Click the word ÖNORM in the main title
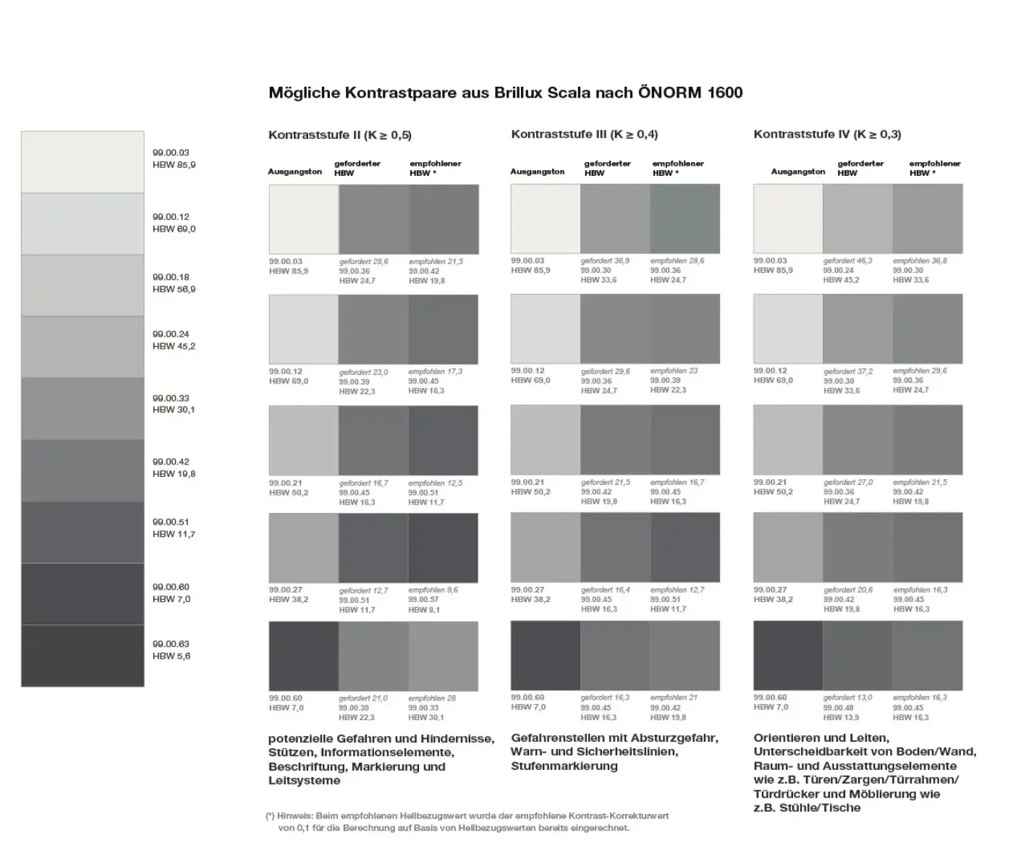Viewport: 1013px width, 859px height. pyautogui.click(x=666, y=93)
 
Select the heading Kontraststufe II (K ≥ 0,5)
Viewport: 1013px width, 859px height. pyautogui.click(x=339, y=135)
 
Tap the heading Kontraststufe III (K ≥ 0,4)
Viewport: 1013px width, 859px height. pyautogui.click(x=584, y=134)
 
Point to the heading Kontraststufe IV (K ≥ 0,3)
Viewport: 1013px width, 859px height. pyautogui.click(x=827, y=134)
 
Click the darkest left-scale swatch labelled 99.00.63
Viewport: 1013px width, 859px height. pyautogui.click(x=82, y=656)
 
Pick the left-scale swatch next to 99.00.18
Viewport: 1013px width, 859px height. pyautogui.click(x=82, y=285)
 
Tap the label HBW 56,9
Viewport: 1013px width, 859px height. pyautogui.click(x=174, y=289)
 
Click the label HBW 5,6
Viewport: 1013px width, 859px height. pyautogui.click(x=171, y=656)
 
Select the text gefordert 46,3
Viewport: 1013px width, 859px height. pyautogui.click(x=847, y=261)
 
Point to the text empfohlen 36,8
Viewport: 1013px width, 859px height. pyautogui.click(x=920, y=261)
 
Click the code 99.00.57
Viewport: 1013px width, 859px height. pyautogui.click(x=423, y=600)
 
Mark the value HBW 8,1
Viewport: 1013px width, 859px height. pyautogui.click(x=423, y=609)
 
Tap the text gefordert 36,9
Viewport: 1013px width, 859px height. pyautogui.click(x=605, y=261)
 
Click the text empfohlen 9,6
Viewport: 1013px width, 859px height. pyautogui.click(x=433, y=590)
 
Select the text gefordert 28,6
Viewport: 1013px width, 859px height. pyautogui.click(x=363, y=261)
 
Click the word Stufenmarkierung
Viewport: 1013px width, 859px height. pyautogui.click(x=564, y=766)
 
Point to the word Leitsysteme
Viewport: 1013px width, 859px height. pyautogui.click(x=304, y=780)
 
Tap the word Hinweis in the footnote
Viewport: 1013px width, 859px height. pyautogui.click(x=292, y=816)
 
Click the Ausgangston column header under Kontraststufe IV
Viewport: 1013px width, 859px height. pyautogui.click(x=797, y=172)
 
